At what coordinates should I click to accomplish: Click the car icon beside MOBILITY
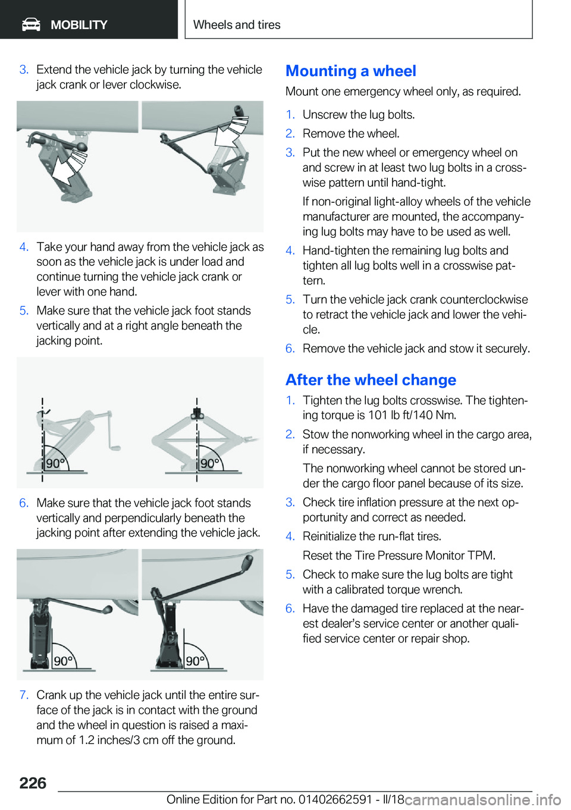(31, 25)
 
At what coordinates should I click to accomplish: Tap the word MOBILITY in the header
(79, 25)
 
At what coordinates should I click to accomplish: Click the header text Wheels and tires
(237, 24)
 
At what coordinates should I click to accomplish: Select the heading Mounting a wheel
(351, 71)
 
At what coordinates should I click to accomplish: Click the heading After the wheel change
(371, 379)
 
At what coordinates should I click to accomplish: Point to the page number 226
(33, 783)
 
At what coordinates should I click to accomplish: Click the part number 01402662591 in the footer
(335, 799)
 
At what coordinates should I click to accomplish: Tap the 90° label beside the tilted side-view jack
(55, 463)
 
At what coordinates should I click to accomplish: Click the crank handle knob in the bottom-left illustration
(108, 610)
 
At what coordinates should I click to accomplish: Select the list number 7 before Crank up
(24, 695)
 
